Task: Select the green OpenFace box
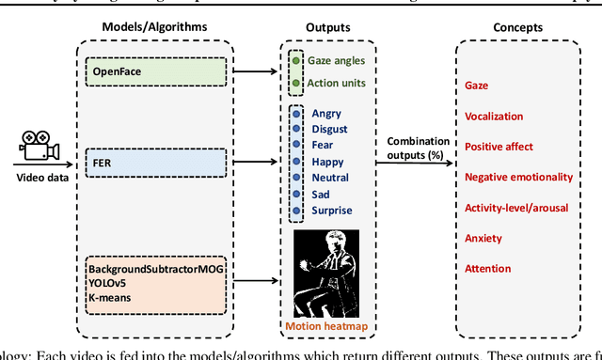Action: (x=154, y=70)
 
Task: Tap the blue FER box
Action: (x=154, y=162)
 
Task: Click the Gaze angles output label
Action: (x=336, y=61)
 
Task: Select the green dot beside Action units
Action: (x=296, y=82)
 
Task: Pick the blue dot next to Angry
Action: (x=296, y=114)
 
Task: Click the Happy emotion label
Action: (x=329, y=162)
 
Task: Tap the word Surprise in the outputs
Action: (x=333, y=210)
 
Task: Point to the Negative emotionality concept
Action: (x=515, y=177)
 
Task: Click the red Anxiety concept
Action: (x=483, y=238)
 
